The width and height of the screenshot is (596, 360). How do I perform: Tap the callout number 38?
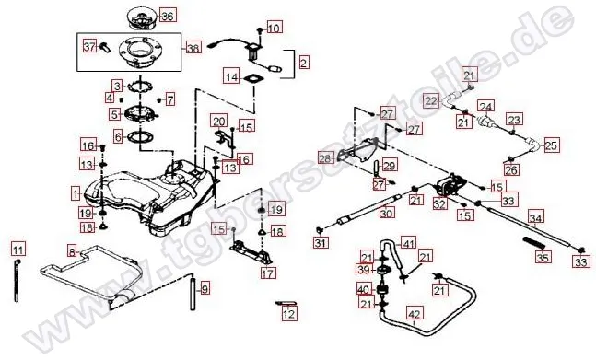click(193, 47)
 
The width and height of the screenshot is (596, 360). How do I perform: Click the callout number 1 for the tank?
click(75, 194)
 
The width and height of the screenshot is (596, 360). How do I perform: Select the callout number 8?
click(71, 250)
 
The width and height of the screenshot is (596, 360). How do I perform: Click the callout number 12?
click(289, 314)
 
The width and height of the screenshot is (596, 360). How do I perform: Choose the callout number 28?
click(324, 158)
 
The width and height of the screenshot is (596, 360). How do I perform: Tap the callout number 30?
click(387, 214)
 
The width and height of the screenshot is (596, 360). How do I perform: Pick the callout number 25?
click(551, 145)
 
